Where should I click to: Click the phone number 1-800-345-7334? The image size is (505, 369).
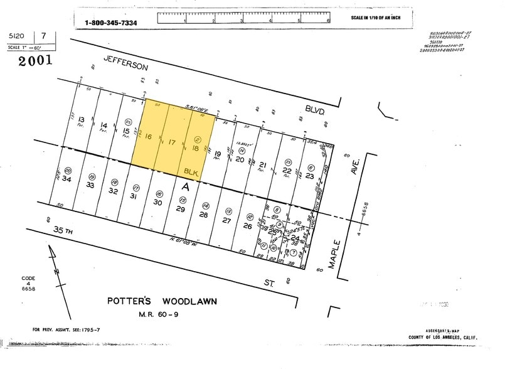tap(111, 23)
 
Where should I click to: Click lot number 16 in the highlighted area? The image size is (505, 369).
tap(148, 137)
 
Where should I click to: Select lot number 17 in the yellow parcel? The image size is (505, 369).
tap(172, 142)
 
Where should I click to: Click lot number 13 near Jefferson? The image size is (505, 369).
tap(82, 119)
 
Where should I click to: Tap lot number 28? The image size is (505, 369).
tap(203, 215)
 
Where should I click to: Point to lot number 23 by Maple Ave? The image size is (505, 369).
tap(310, 176)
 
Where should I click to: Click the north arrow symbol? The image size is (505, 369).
tap(55, 267)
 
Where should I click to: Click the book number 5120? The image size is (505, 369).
tap(17, 37)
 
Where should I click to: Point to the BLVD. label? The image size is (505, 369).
tap(316, 111)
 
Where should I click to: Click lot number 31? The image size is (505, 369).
tap(134, 196)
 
